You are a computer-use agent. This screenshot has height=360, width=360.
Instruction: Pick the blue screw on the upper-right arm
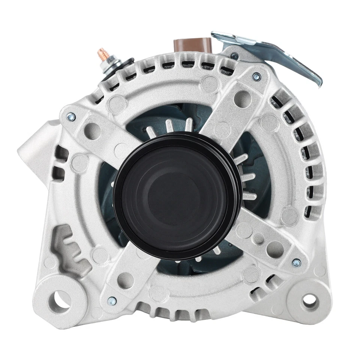[x=256, y=77]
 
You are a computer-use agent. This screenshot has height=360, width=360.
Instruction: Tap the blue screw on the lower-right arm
[x=296, y=263]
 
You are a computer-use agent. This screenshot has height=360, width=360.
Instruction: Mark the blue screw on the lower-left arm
[x=111, y=301]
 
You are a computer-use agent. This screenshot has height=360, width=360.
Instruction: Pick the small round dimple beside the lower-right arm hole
[x=258, y=239]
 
